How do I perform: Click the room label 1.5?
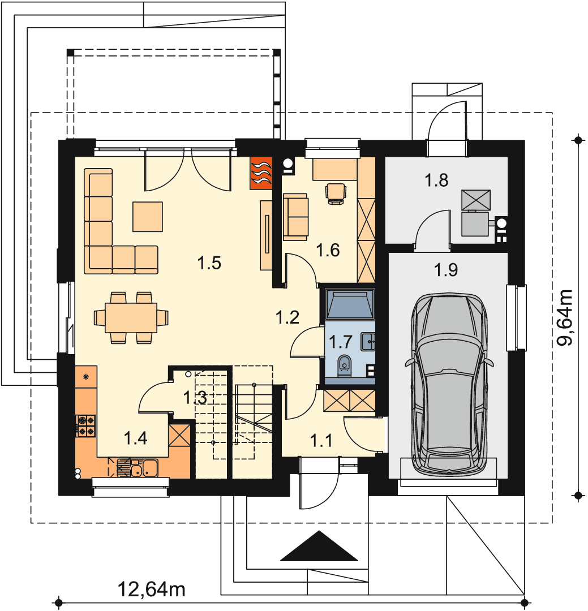click(x=209, y=263)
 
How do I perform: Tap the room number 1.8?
click(x=436, y=180)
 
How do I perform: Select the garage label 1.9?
click(x=446, y=270)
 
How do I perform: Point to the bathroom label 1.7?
click(x=340, y=342)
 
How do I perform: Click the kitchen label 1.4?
click(x=135, y=438)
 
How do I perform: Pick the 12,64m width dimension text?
click(x=151, y=589)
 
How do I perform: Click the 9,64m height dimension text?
click(x=565, y=317)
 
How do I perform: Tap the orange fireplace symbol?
click(x=261, y=173)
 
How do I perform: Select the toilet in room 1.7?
click(x=344, y=365)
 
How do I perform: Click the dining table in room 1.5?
click(x=131, y=318)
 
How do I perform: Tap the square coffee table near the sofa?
click(x=147, y=217)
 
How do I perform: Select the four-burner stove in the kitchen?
click(x=86, y=426)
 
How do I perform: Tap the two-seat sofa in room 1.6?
click(x=295, y=217)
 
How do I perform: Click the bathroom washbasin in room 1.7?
click(x=368, y=342)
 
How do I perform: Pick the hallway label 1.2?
click(x=287, y=317)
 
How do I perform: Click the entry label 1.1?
click(x=321, y=441)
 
